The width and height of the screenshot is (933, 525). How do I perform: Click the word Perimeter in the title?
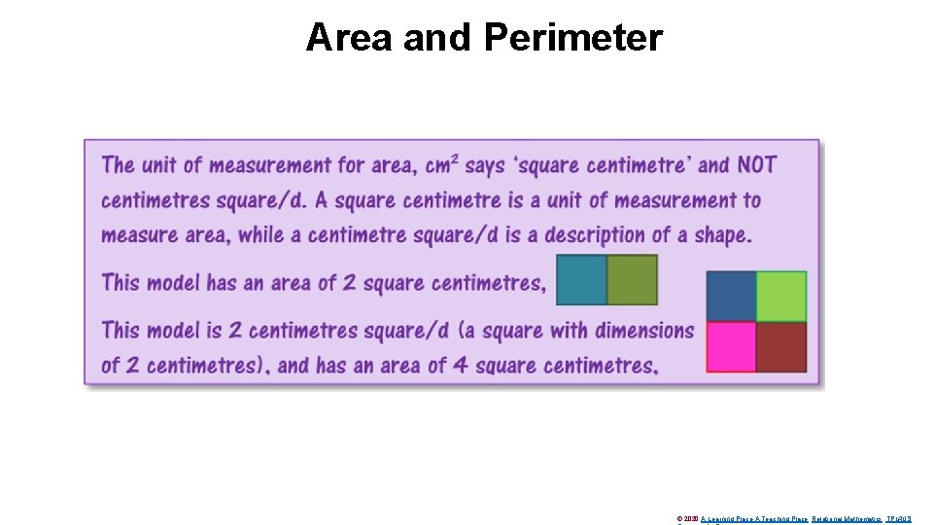tap(572, 37)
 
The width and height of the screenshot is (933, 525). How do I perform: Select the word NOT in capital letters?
tap(756, 164)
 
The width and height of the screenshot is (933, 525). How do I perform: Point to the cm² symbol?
tap(440, 164)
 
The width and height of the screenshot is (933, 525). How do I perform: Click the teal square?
tap(581, 280)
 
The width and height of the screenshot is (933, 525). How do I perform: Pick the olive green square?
tap(633, 280)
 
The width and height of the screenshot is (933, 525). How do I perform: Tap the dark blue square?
tap(731, 296)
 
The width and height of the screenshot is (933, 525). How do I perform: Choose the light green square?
tap(781, 296)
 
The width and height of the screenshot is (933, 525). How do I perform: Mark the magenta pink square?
tap(731, 347)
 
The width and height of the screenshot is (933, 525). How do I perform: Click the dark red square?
tap(781, 347)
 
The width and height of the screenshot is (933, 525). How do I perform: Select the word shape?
tap(722, 235)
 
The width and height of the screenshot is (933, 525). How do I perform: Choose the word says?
tap(485, 165)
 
